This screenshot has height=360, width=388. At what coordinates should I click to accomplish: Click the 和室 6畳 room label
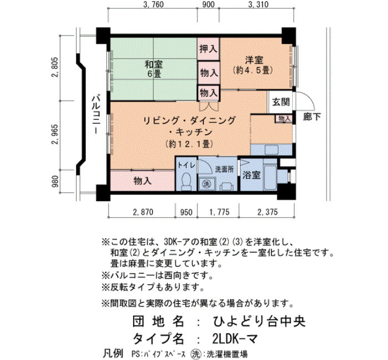pos(154,69)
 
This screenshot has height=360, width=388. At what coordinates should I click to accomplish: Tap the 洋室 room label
pos(254,60)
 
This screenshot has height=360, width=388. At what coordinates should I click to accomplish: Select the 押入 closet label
pos(208,49)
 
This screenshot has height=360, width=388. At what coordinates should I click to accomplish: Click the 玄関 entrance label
pos(281,102)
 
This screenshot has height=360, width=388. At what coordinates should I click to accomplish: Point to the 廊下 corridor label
pos(312,117)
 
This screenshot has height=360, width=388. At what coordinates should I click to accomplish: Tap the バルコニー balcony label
pos(96,115)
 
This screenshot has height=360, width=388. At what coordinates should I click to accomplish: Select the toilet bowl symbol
pos(186,182)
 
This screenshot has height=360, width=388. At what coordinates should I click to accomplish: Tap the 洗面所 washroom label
pos(224,169)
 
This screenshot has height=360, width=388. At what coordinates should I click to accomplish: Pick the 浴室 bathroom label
pos(251,176)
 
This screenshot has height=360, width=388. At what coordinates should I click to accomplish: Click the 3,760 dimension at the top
pos(154,4)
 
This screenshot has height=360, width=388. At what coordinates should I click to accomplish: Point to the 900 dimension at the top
pos(208,4)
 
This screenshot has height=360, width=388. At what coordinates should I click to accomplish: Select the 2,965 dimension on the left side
pos(55,135)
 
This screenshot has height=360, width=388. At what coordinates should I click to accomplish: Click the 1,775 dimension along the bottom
pos(219,212)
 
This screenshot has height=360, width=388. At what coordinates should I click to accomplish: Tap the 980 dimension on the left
pos(55,181)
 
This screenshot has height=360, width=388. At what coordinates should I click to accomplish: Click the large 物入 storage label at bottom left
pos(142,181)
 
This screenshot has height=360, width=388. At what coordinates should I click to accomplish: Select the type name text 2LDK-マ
pos(236,338)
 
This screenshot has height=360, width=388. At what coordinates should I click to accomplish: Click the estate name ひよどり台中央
pos(259,321)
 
